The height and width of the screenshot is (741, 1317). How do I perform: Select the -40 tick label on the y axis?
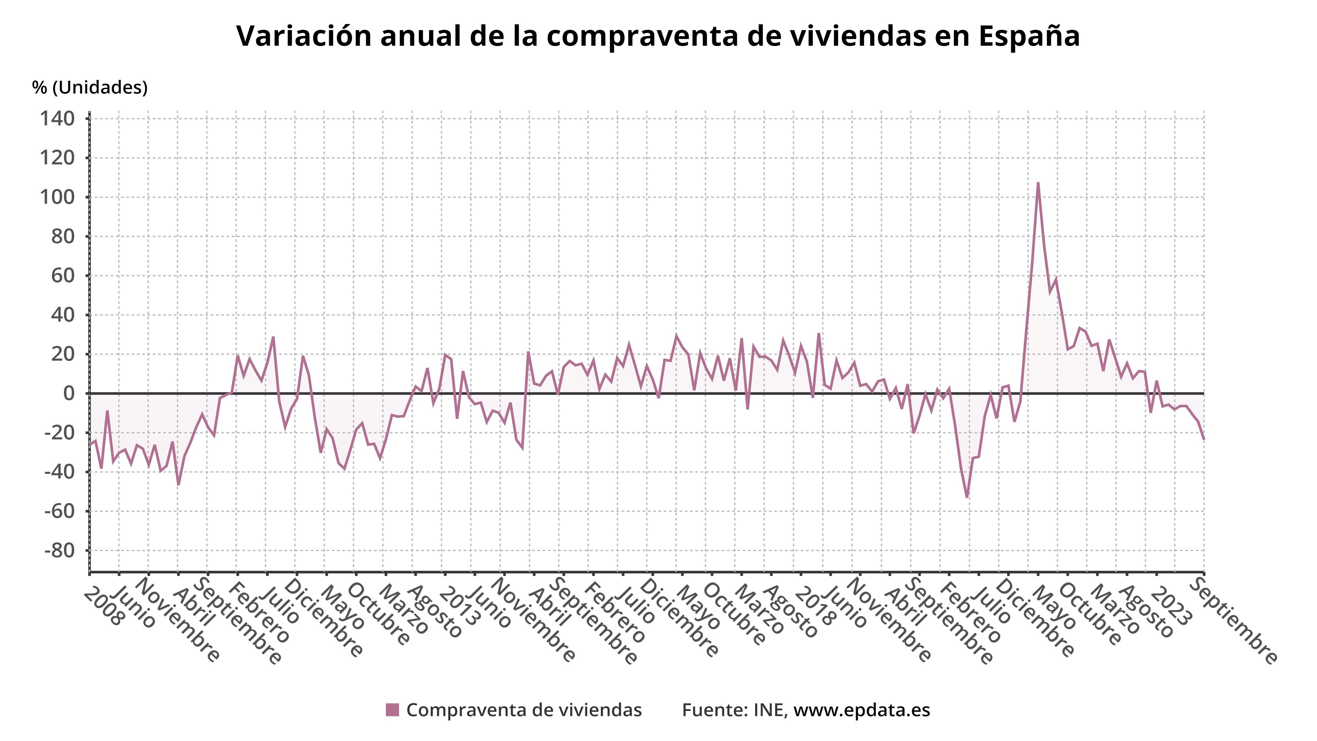(x=59, y=472)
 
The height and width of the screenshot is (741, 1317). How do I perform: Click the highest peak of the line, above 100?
(x=1038, y=183)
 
